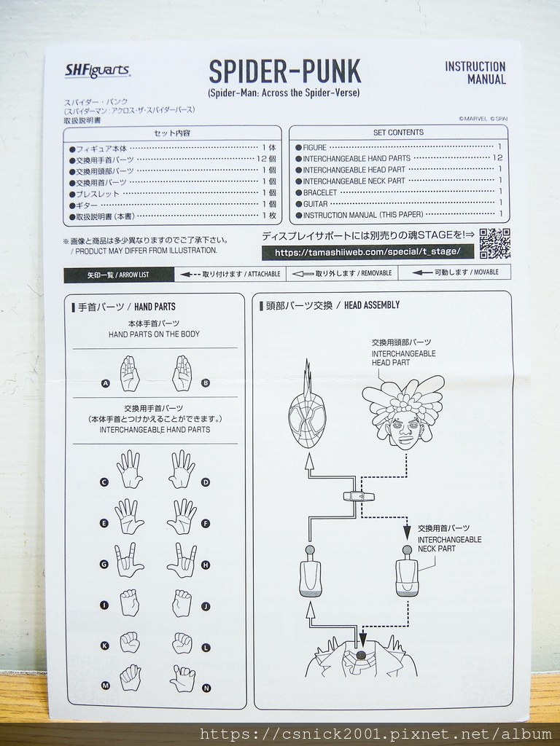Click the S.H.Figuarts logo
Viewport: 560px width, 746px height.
[97, 71]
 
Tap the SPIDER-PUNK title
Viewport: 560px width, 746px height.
[284, 71]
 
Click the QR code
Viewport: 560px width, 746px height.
[494, 243]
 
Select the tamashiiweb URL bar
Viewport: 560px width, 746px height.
[367, 252]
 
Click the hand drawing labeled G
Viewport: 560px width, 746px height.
[128, 560]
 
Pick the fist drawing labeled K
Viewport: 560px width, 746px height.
[129, 642]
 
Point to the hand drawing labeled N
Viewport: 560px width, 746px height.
[182, 678]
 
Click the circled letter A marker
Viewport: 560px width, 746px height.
[105, 382]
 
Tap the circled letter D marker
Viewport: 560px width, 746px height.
[206, 482]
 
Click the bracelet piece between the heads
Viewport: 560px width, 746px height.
[359, 496]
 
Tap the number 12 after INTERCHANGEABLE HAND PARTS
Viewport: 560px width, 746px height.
[497, 157]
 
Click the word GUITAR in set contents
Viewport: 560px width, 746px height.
[316, 204]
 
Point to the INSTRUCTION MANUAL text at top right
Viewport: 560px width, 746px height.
[475, 73]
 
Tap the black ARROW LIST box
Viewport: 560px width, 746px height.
[119, 275]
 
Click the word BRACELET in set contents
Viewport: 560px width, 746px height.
[320, 192]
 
